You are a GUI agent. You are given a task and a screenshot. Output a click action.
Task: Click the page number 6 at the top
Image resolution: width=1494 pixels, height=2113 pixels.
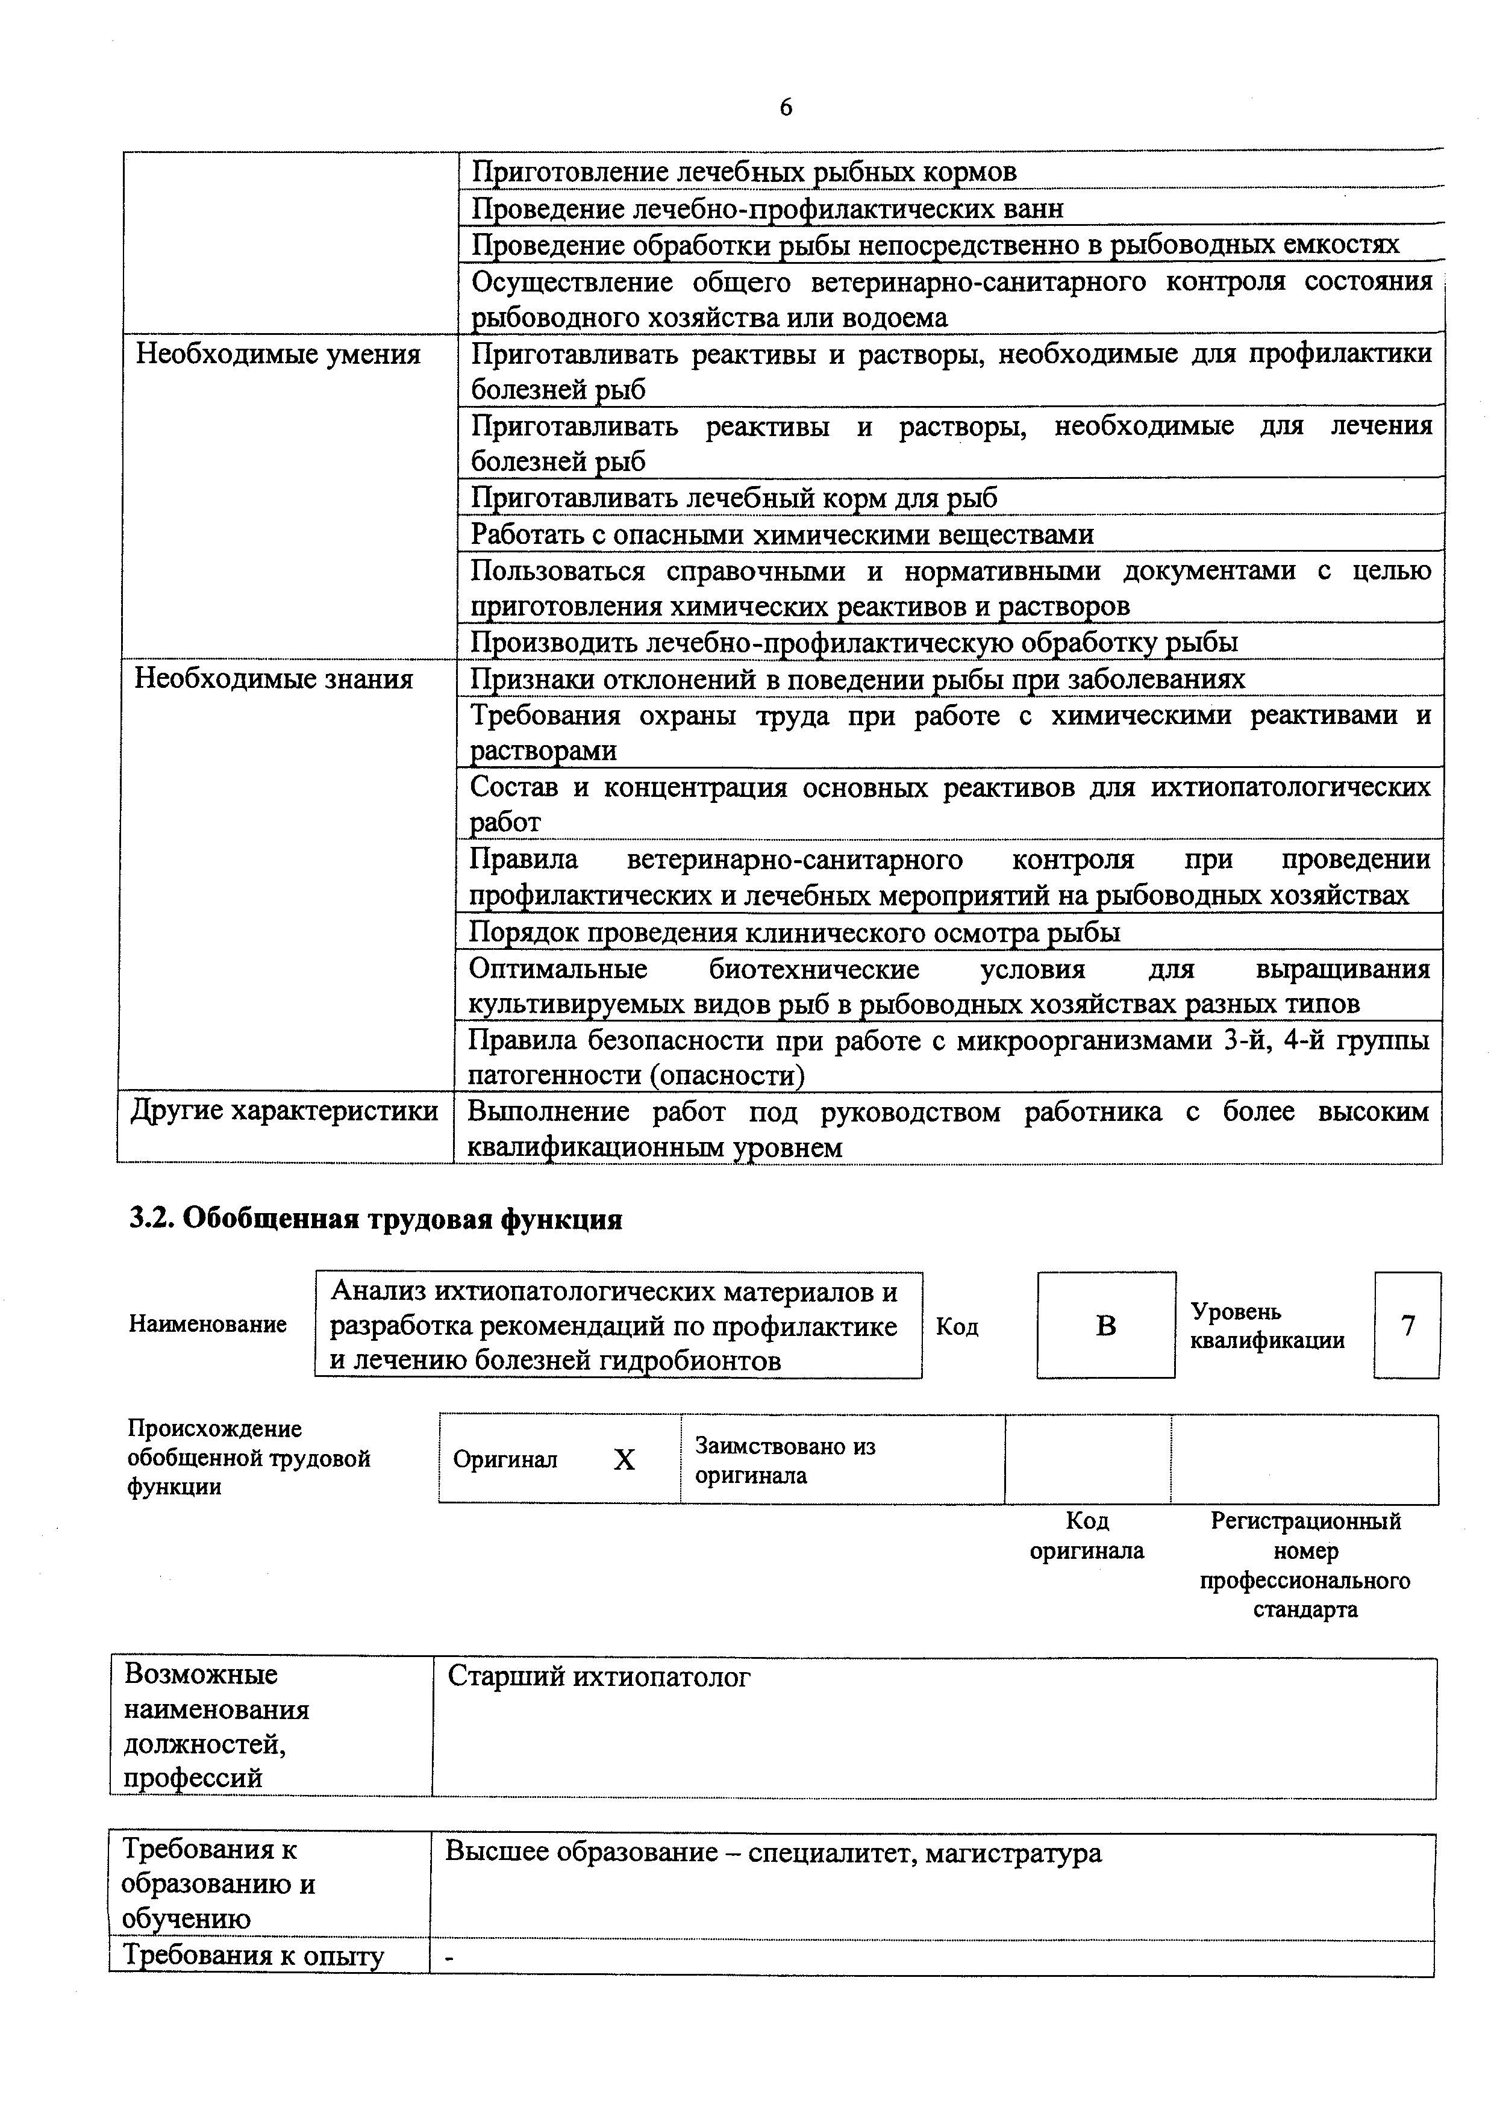click(785, 108)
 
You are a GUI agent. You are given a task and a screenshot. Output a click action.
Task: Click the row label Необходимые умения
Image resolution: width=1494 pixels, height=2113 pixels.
click(278, 354)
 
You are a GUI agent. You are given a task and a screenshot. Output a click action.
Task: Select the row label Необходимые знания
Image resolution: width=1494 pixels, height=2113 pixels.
click(273, 679)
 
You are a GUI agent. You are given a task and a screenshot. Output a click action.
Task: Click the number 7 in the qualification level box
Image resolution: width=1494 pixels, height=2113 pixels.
click(1407, 1326)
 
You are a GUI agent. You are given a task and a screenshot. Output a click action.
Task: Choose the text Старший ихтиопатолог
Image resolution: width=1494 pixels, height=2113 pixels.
click(599, 1678)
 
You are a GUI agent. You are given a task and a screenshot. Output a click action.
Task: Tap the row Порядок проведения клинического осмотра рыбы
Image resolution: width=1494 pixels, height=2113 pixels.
click(795, 932)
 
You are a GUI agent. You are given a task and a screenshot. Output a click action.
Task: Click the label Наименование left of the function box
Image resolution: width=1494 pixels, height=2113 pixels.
click(208, 1325)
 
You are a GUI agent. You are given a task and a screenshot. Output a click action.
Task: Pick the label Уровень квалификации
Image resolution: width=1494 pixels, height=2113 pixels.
click(1267, 1326)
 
